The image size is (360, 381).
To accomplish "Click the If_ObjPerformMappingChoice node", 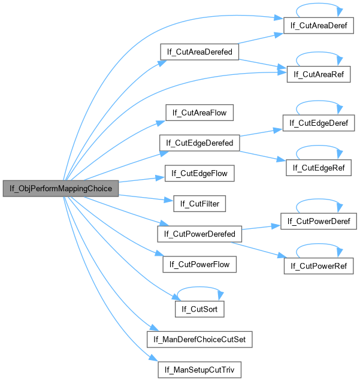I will coord(60,188).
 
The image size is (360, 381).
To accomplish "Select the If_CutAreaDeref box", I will coord(318,26).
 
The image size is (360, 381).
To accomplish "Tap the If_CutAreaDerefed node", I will coord(200,52).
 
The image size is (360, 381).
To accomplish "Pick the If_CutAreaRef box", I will coord(318,74).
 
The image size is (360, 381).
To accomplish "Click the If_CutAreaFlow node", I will coord(199,113).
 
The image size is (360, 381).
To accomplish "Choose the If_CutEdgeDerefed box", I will coord(199,143).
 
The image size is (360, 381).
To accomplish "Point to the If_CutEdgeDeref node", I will coord(318,123).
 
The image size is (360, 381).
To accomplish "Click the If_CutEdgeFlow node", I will coord(199,174).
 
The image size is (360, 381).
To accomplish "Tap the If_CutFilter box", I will coord(199,204).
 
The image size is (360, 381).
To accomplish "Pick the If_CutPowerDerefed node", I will coord(199,233).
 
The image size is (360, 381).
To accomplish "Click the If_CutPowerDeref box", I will coord(319,221).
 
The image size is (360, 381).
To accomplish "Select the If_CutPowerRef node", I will coord(319,265).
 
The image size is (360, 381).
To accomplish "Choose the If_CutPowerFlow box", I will coord(199,264).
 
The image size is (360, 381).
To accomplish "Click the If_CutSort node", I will coord(199,309).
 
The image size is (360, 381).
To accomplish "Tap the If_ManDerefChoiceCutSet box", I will coord(200,340).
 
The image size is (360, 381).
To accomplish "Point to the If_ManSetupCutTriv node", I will coord(200,370).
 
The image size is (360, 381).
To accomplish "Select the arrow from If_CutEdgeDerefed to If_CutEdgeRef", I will coord(262,155).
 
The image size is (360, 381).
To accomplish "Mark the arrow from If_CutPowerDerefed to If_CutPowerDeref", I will coord(260,228).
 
